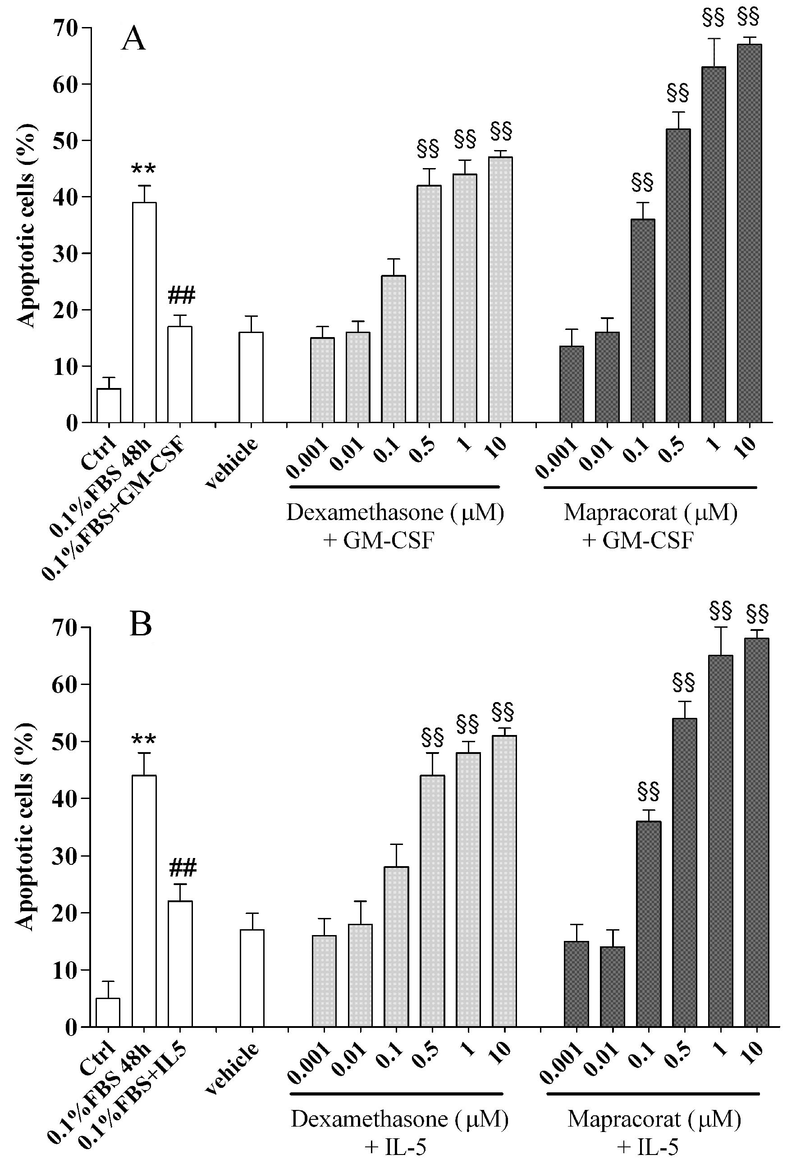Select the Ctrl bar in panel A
(x=109, y=405)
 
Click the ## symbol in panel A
(x=181, y=296)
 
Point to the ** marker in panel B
(x=144, y=740)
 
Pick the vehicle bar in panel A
(x=251, y=377)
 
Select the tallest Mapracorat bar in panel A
(x=750, y=233)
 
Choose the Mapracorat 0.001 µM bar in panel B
(x=576, y=984)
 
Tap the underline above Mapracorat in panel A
(x=650, y=487)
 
